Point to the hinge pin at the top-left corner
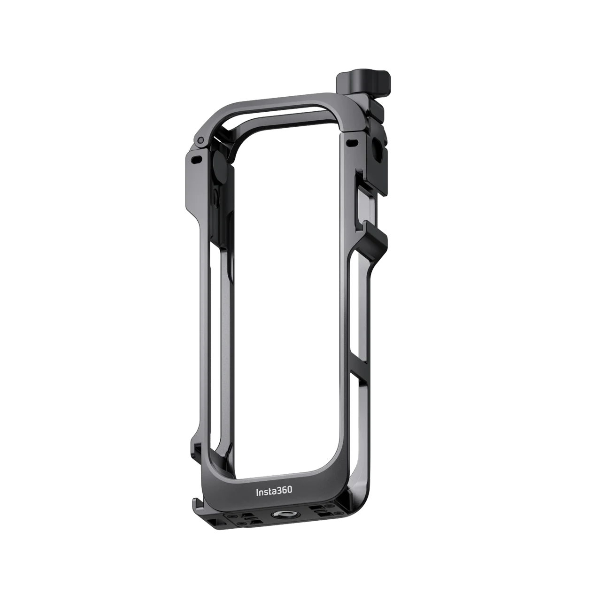(201, 139)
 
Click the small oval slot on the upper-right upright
(352, 142)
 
